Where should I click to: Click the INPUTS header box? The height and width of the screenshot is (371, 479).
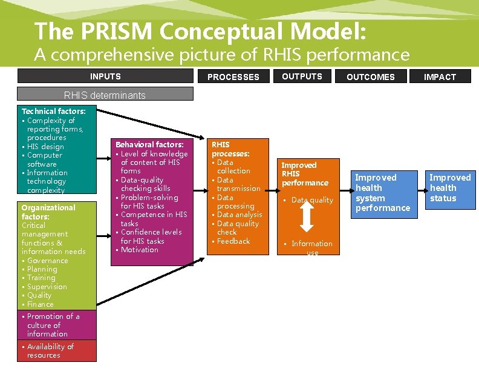pos(105,76)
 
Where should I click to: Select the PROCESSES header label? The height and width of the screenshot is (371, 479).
pos(233,77)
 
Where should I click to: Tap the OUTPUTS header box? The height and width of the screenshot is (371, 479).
pos(302,76)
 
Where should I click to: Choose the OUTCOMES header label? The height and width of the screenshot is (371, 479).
pos(371,77)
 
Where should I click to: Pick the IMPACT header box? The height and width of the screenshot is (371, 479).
pos(440,77)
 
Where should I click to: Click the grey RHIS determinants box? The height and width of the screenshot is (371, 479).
pos(105,95)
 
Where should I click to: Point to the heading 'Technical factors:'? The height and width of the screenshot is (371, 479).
pos(53,112)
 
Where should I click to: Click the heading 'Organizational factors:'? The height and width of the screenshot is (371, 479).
pos(48,212)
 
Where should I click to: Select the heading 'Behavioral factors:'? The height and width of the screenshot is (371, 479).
pos(149,145)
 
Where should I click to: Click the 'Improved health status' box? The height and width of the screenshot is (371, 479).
pos(450,188)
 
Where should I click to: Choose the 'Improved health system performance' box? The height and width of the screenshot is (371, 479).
pos(383,193)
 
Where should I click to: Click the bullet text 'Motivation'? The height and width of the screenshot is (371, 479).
pos(140,250)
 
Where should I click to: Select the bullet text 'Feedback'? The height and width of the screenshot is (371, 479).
pos(233,241)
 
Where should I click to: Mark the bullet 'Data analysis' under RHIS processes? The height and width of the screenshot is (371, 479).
pos(239,215)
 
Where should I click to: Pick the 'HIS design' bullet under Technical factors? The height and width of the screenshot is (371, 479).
pos(45,147)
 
